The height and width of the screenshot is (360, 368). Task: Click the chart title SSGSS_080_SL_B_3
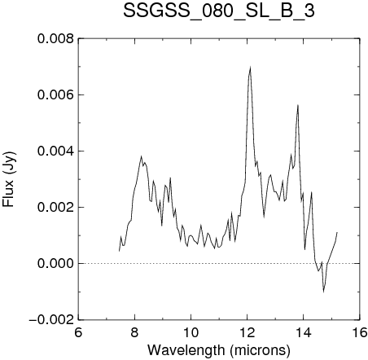[x=219, y=11]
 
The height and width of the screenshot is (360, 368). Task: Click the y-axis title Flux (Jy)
[x=9, y=179]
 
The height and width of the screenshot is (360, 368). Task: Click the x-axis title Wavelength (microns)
[x=219, y=350]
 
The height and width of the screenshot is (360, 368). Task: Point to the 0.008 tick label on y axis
[x=55, y=39]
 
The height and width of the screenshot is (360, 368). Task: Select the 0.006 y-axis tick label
[x=55, y=95]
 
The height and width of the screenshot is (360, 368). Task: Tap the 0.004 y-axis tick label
[x=55, y=151]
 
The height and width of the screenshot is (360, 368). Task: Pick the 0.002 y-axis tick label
[x=55, y=208]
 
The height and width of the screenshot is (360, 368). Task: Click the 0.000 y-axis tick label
[x=55, y=264]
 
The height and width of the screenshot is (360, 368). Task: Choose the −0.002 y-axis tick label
[x=51, y=320]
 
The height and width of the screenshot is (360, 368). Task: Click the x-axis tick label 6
[x=78, y=332]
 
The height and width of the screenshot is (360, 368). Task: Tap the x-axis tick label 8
[x=134, y=332]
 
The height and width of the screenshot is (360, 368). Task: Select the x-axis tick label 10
[x=191, y=332]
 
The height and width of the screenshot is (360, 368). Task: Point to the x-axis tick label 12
[x=248, y=332]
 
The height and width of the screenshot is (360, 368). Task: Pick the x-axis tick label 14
[x=304, y=332]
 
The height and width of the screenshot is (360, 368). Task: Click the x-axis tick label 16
[x=360, y=332]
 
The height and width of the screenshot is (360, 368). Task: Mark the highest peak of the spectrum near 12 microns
[x=250, y=68]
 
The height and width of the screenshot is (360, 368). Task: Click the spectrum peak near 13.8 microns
[x=298, y=105]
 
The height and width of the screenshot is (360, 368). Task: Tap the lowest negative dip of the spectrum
[x=324, y=292]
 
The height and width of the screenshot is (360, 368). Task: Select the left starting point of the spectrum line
[x=119, y=251]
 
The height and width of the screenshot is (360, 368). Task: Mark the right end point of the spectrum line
[x=337, y=232]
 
